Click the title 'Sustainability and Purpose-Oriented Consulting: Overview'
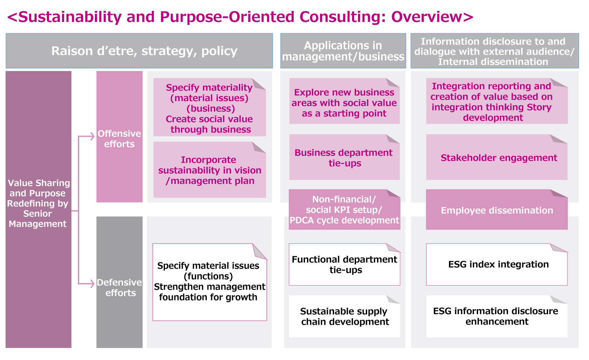240,17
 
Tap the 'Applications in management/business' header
343,51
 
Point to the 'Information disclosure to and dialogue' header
494,51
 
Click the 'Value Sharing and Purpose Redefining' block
38,203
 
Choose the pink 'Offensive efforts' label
119,139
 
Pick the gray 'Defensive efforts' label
119,287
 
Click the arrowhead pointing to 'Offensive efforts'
92,136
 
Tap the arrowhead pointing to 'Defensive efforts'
92,283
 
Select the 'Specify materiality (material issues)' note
209,108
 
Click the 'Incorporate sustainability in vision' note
209,170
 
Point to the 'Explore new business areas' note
344,102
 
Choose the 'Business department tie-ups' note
344,158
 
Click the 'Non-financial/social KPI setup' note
344,210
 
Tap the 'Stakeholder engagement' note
497,158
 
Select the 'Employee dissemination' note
497,210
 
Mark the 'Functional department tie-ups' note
344,264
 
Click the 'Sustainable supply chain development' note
344,316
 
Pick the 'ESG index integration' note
497,264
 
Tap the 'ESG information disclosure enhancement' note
497,316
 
